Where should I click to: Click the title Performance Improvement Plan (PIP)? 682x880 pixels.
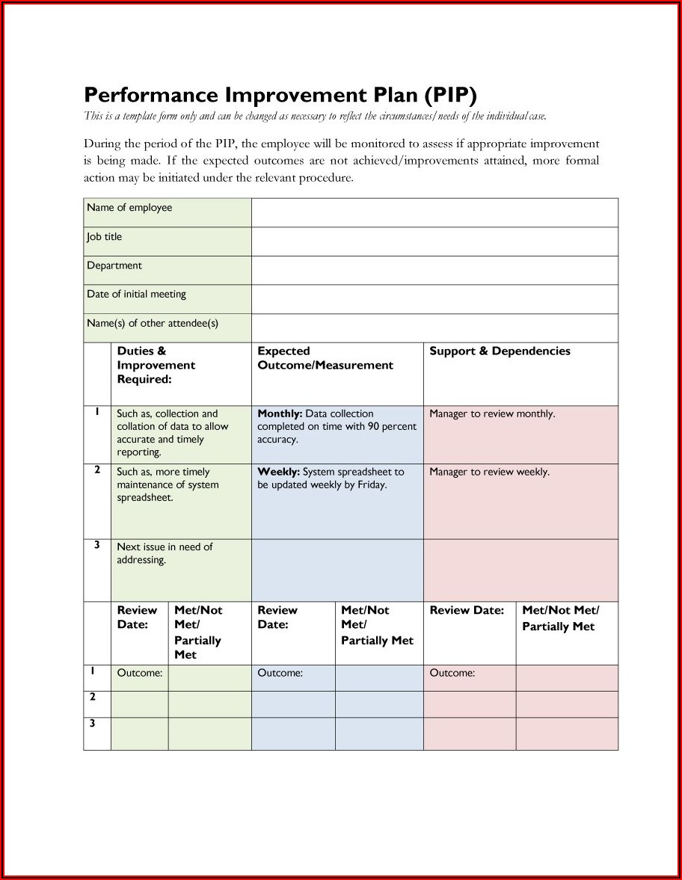pos(280,95)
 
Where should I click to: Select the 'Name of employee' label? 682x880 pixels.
pos(129,208)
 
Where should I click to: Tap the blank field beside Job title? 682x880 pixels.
pos(434,241)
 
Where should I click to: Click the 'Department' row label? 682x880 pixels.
pos(114,265)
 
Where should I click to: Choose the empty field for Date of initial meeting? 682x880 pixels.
pos(434,299)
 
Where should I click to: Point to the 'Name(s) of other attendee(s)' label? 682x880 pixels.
pos(153,324)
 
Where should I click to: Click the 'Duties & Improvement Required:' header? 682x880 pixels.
pos(156,365)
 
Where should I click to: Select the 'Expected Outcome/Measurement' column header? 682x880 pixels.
pos(325,358)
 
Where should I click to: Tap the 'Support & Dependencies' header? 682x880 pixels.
pos(500,351)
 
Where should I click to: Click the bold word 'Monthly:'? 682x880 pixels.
pos(280,413)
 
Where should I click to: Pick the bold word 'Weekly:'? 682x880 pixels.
pos(278,472)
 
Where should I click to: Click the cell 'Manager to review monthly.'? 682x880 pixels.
pos(492,413)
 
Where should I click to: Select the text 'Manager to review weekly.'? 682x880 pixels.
pos(489,472)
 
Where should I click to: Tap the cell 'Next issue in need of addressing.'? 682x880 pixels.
pos(165,553)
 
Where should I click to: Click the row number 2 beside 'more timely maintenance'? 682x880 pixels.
pos(97,470)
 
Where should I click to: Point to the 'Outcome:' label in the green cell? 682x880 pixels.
pos(139,673)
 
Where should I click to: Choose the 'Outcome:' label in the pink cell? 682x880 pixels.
pos(452,673)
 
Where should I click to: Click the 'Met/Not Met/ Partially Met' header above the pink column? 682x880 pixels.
pos(560,618)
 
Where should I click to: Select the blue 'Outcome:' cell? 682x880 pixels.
pos(280,673)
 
